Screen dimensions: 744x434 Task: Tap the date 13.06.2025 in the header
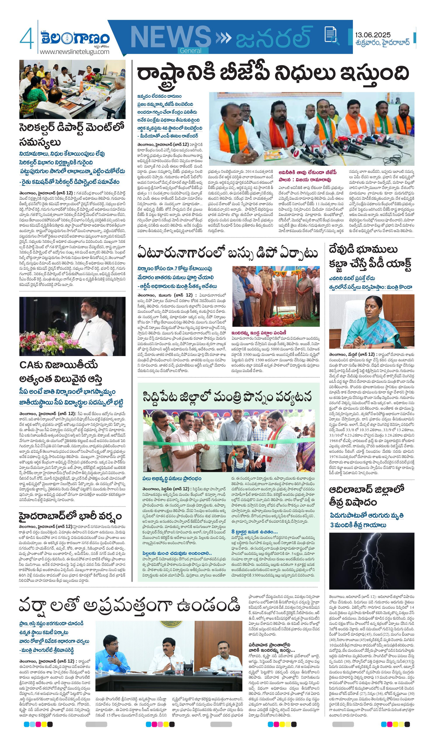click(373, 35)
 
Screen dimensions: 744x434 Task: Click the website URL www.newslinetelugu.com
click(74, 52)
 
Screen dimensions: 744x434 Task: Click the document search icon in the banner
click(331, 35)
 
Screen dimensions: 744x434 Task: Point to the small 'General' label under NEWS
click(190, 51)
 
